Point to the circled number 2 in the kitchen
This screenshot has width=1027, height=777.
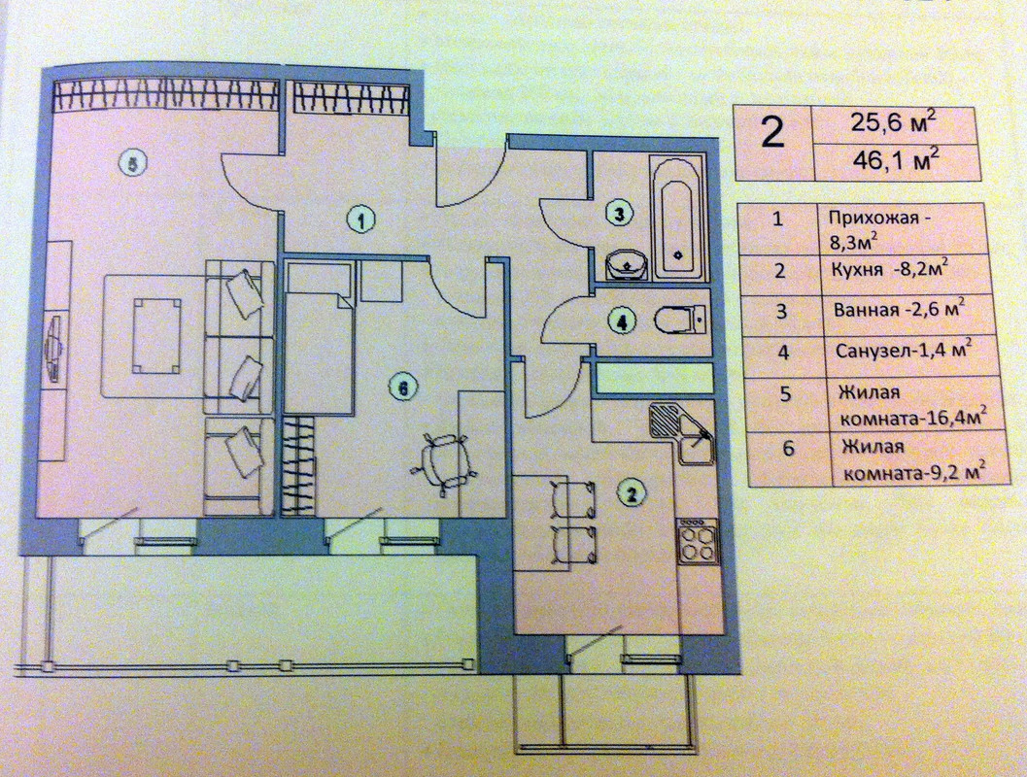tap(631, 492)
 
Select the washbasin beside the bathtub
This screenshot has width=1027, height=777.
tap(627, 264)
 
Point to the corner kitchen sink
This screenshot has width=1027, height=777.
tap(683, 432)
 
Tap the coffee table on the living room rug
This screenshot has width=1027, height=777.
tap(157, 335)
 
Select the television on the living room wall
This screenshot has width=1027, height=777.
tap(54, 351)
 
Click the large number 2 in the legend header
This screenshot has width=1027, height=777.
tap(772, 133)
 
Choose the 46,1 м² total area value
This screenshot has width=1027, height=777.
tap(896, 159)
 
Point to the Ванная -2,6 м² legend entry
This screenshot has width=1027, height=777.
tap(900, 310)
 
